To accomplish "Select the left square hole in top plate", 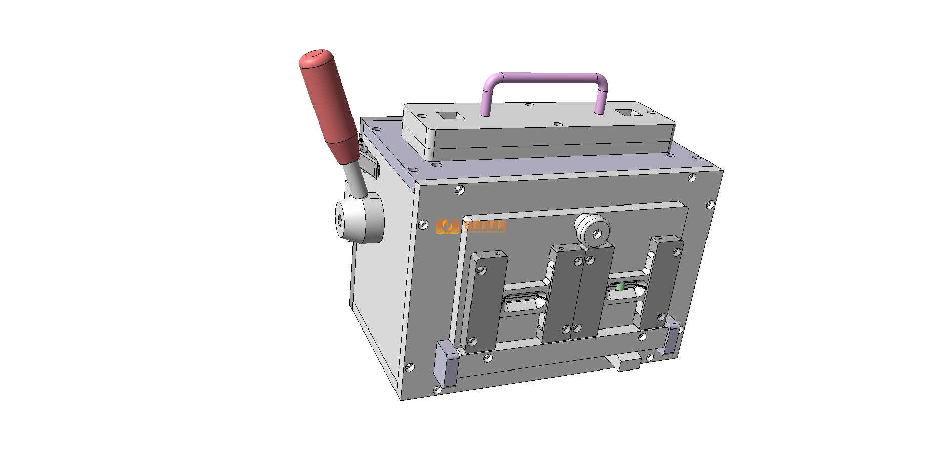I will coord(450,116).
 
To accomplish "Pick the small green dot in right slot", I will coord(620,287).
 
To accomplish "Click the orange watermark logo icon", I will coord(447,226).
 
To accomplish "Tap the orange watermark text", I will coord(485,226).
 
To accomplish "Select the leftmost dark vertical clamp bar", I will coord(486,301).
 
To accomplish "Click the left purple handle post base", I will coord(485,112).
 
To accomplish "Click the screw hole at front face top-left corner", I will coord(459,190).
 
